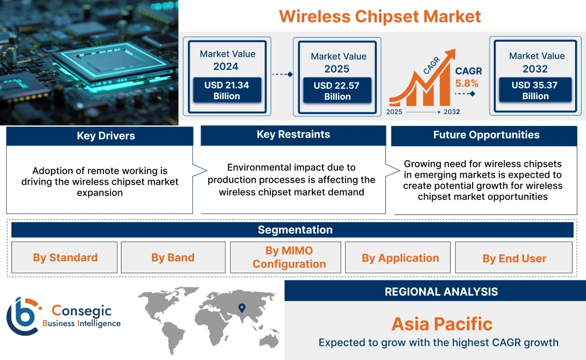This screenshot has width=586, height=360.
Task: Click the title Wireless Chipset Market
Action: pyautogui.click(x=380, y=16)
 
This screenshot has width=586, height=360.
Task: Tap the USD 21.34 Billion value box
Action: pyautogui.click(x=227, y=91)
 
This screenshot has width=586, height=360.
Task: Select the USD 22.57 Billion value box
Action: pyautogui.click(x=337, y=91)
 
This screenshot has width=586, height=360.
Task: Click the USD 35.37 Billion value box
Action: pyautogui.click(x=535, y=91)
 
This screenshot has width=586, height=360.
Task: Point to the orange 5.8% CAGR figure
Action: pyautogui.click(x=467, y=83)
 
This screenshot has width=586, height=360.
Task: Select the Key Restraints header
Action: pyautogui.click(x=293, y=135)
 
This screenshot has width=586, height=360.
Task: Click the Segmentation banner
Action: pyautogui.click(x=295, y=230)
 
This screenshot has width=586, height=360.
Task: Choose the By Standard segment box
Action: pyautogui.click(x=65, y=257)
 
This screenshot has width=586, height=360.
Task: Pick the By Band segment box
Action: pyautogui.click(x=173, y=257)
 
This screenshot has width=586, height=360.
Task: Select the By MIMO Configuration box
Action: pyautogui.click(x=289, y=257)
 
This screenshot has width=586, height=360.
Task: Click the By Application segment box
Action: pyautogui.click(x=400, y=258)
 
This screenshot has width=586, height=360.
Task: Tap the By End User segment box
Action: pyautogui.click(x=514, y=259)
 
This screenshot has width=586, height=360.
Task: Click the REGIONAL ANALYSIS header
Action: pyautogui.click(x=441, y=292)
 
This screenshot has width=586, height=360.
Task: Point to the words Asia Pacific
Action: pyautogui.click(x=442, y=324)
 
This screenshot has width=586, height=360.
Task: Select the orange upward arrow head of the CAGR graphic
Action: pyautogui.click(x=450, y=55)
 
